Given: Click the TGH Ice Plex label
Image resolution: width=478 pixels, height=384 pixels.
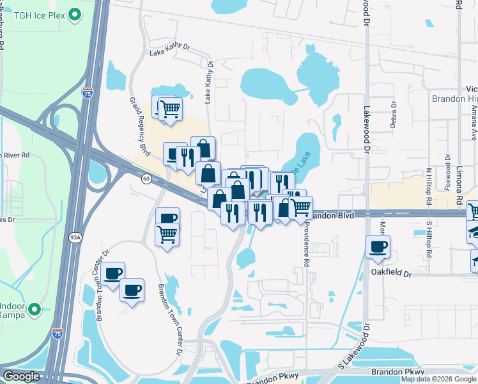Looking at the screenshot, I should (x=40, y=13).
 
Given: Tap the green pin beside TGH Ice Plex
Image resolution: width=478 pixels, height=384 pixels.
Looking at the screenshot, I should (x=75, y=13).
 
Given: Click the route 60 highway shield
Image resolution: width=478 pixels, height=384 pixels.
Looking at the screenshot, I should (x=146, y=179).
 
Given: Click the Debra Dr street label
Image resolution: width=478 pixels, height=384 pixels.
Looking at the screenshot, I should (x=394, y=115).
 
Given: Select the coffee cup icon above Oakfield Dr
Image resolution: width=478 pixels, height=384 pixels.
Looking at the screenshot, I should (x=378, y=246).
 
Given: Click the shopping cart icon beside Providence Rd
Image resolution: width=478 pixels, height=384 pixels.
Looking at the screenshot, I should (x=300, y=207).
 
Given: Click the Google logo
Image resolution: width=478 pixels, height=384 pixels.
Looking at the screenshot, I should (x=21, y=376).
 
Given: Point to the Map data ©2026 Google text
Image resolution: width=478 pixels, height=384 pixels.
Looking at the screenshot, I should (x=438, y=379).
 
